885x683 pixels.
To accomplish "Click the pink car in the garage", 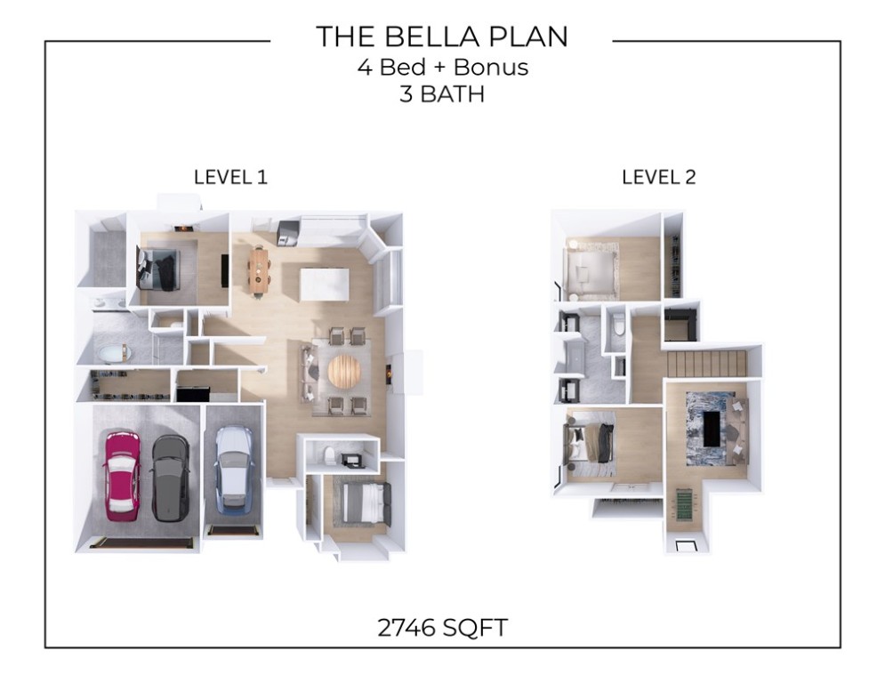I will coord(122,475).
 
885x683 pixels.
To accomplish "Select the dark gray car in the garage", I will coord(170,477).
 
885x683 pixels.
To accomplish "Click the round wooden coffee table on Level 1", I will coord(345,372).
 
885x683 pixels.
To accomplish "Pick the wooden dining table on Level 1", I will coord(258,270).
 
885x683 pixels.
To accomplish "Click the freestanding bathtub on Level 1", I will coord(114,355).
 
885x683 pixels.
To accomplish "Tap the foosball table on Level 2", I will coord(684,508).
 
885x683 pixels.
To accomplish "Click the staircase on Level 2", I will coord(706,364).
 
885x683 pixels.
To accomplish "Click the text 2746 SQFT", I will coord(442,628).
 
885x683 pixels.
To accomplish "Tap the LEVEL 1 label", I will coord(230,177).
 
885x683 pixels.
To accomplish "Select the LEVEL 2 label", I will coord(658,177).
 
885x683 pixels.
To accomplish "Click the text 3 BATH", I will coord(442,94).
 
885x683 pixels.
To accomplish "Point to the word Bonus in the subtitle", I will coord(491,67).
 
